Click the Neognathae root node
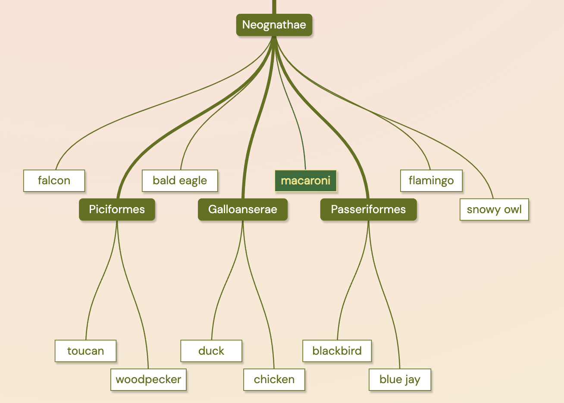pos(274,25)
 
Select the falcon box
pos(54,180)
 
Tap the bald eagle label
pos(180,180)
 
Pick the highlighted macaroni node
pos(305,180)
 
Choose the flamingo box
pos(431,180)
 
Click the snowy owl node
pos(494,209)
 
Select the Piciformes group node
pos(117,209)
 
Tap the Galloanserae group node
pos(243,209)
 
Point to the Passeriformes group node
pos(368,209)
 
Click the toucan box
pos(85,351)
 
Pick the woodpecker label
pos(148,379)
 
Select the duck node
pos(211,351)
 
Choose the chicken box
pos(274,379)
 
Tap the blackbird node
pos(337,351)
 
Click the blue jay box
pos(400,379)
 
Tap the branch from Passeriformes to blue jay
pos(385,298)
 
